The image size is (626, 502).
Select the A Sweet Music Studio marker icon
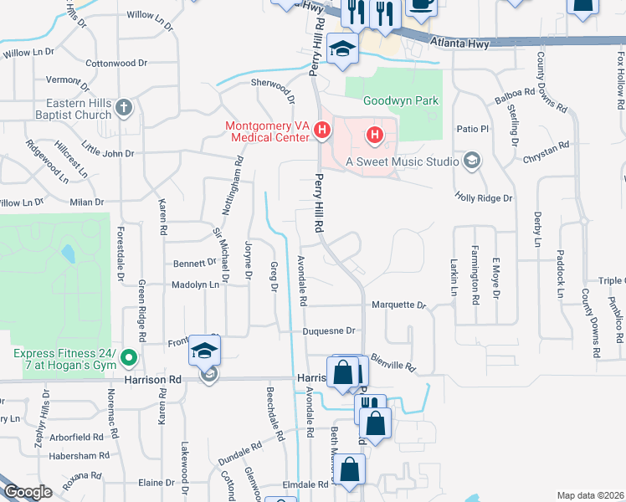[x=473, y=161]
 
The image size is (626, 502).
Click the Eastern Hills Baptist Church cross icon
[x=124, y=107]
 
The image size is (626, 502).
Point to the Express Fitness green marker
[x=128, y=360]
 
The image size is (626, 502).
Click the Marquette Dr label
[x=399, y=305]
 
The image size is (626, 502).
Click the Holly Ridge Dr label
[x=483, y=197]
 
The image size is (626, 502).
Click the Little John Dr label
[x=107, y=153]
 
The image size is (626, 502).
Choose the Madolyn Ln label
[x=194, y=284]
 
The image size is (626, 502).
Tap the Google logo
[x=28, y=492]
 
